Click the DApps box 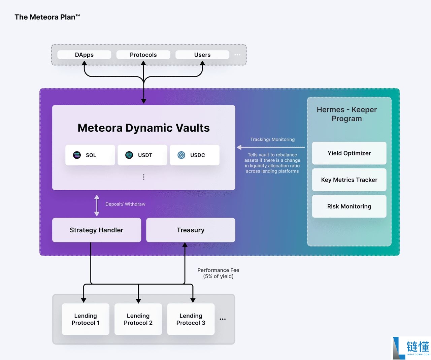click(84, 55)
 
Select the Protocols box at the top click(143, 55)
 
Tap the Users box click(202, 55)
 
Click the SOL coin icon click(77, 155)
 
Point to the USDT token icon click(129, 155)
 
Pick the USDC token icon click(181, 155)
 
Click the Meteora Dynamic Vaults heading click(143, 128)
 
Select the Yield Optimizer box click(349, 153)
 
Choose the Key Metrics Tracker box click(349, 180)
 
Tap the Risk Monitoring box click(349, 206)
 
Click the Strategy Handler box click(97, 230)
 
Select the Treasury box click(191, 230)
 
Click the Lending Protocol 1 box click(86, 319)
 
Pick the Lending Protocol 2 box click(138, 319)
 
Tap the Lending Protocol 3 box click(191, 319)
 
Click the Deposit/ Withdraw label click(125, 204)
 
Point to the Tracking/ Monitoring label click(272, 139)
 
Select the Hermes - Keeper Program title click(347, 114)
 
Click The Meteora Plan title click(47, 17)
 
